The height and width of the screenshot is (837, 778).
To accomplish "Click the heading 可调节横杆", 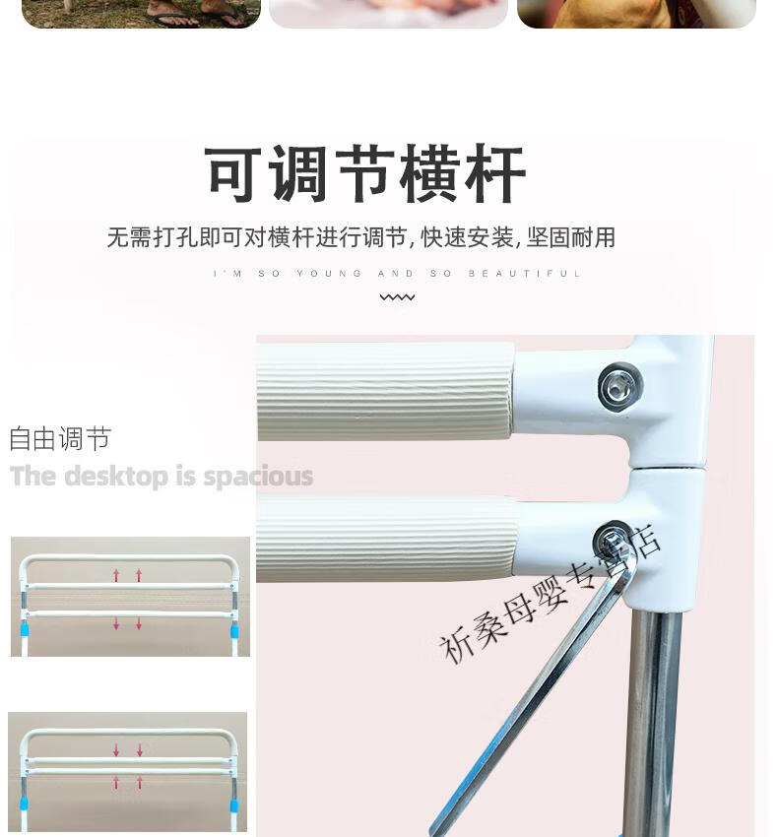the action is coord(365,173).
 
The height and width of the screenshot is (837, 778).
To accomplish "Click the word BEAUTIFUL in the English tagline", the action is coord(525,274).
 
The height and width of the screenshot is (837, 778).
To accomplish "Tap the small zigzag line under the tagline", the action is coord(397,296).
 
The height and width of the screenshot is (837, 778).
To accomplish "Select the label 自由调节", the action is coord(60,439).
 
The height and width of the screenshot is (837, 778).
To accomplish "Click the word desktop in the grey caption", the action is coord(116,477).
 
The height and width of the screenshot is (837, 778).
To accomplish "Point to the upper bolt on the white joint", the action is coord(620,386).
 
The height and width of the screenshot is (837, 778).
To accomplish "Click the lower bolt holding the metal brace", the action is coord(615,544).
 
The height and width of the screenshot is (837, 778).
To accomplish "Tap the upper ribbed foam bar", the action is coord(385,391).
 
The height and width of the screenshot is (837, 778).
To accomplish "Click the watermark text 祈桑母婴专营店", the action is coord(550,595).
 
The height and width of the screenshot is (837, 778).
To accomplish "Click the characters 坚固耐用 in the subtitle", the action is coord(571,237).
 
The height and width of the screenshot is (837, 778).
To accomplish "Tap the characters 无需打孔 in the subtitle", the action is coord(153,237).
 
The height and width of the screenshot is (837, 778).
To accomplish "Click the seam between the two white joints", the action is coord(668,468).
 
